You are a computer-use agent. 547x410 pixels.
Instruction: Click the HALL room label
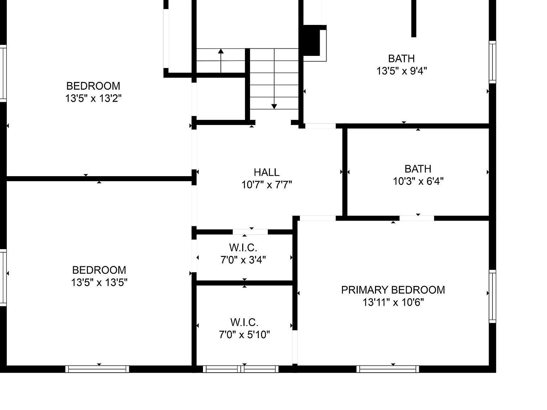266,172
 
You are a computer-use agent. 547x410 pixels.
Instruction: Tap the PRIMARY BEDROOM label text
393,290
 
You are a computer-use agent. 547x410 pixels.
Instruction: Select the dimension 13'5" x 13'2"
93,98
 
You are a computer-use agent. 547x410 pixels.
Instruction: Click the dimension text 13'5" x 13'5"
99,282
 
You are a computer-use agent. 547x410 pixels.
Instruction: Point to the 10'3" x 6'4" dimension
418,181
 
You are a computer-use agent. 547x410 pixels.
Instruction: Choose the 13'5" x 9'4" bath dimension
401,71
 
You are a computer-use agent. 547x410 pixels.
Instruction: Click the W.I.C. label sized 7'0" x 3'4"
243,247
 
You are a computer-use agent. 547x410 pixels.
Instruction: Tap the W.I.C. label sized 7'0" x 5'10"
244,322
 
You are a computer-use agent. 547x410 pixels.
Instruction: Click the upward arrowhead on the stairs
221,52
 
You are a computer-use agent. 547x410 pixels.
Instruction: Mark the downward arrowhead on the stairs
274,106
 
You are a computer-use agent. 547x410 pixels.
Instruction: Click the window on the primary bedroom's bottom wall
387,369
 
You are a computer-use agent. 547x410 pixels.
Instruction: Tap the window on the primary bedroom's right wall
492,296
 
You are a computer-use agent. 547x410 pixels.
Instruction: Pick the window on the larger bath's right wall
492,62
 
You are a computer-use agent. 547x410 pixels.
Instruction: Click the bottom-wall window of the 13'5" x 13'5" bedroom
97,369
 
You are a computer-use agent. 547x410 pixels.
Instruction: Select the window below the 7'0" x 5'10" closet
241,369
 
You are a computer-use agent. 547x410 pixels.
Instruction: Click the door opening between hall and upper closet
250,232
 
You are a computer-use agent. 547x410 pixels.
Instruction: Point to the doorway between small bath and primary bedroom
416,218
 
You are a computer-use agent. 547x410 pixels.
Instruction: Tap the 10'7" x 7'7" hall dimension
266,185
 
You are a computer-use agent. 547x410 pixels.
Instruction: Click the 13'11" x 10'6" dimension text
393,302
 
